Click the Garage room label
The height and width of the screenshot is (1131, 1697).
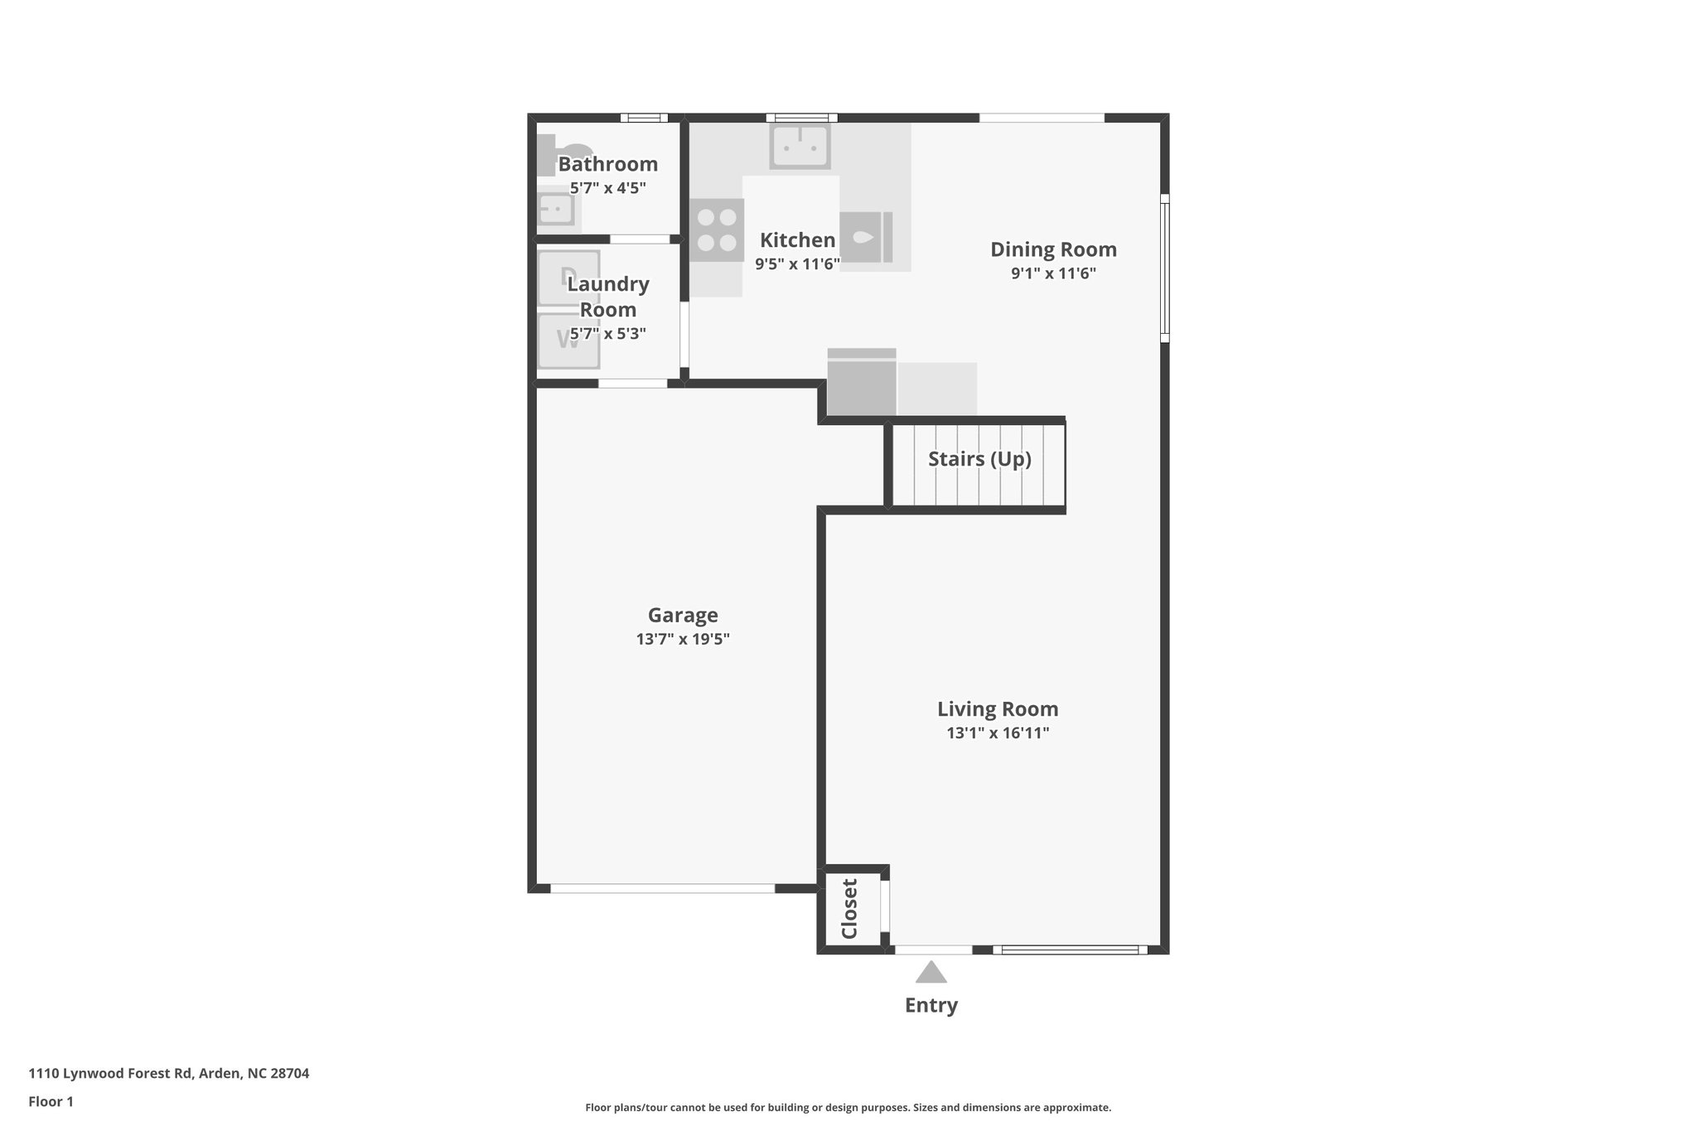[x=682, y=615]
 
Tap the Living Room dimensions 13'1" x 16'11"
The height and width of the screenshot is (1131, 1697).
[x=998, y=732]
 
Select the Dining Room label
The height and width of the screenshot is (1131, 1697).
[x=1053, y=249]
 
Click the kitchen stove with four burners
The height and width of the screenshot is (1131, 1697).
[x=717, y=230]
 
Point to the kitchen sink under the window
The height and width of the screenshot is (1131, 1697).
[x=800, y=147]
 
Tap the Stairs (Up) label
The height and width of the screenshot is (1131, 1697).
[x=979, y=459]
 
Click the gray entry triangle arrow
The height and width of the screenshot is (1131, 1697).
[x=931, y=973]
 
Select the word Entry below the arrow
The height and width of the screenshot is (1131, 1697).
[x=931, y=1005]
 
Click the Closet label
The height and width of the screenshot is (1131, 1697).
[x=849, y=908]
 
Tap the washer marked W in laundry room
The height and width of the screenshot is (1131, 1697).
[x=568, y=341]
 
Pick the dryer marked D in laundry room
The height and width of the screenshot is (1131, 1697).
[x=568, y=278]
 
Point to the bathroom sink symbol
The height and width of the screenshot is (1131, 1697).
[x=555, y=207]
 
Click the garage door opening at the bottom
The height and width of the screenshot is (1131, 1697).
[x=663, y=888]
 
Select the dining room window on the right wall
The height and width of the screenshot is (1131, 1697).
[x=1164, y=268]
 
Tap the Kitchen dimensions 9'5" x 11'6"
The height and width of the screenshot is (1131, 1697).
[x=797, y=263]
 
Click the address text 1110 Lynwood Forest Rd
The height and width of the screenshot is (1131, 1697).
[x=168, y=1073]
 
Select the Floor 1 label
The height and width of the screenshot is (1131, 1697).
[x=51, y=1101]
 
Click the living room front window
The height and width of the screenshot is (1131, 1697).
[x=1070, y=950]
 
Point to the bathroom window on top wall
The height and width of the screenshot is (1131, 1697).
[x=644, y=118]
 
